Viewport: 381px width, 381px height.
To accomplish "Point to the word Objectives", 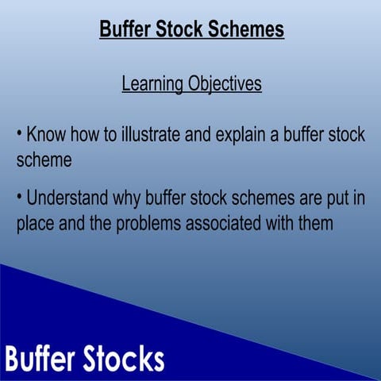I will (225, 83).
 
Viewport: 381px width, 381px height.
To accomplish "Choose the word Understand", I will (71, 198).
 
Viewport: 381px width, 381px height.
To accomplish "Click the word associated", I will (225, 224).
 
